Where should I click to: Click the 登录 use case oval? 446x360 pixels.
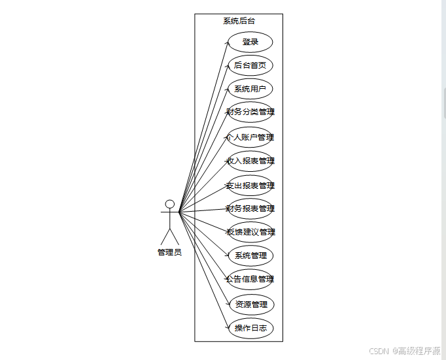250,42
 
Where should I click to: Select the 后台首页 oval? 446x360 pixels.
250,65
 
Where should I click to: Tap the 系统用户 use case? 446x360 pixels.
250,89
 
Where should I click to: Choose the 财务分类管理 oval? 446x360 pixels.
250,112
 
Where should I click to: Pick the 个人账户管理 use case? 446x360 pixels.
250,137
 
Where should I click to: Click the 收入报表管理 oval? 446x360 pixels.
250,161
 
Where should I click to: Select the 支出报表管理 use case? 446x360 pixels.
250,185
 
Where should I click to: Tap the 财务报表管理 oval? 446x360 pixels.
250,208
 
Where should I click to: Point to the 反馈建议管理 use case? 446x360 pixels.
250,232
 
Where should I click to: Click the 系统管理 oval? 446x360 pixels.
250,255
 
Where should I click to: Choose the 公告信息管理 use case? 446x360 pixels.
250,279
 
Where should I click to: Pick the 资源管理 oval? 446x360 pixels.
251,304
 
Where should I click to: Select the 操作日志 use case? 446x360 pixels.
250,328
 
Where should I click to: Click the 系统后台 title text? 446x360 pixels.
239,21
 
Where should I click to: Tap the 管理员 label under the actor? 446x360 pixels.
169,252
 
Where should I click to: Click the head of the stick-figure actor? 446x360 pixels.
169,204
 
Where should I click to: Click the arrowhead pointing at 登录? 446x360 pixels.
227,44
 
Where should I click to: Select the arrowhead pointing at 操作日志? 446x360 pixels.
228,326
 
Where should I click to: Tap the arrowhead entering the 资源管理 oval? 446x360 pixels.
230,303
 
